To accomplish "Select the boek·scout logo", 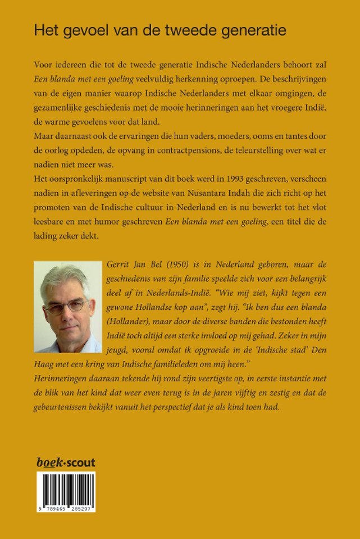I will (66, 463).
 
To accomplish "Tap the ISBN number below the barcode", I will (66, 508).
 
